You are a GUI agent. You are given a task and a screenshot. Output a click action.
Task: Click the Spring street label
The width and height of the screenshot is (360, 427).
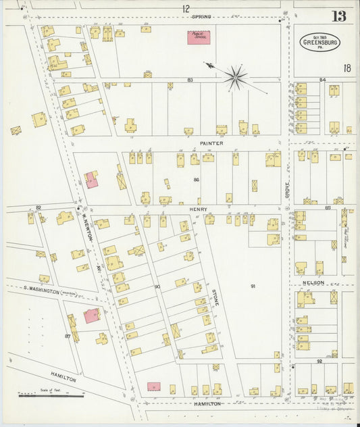pyautogui.click(x=201, y=16)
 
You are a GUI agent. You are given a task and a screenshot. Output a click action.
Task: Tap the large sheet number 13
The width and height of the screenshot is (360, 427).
pyautogui.click(x=338, y=16)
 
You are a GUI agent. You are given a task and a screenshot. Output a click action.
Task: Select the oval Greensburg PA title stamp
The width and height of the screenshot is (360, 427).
pyautogui.click(x=320, y=43)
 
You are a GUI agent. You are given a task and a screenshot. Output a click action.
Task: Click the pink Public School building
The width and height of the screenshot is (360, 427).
pyautogui.click(x=199, y=36)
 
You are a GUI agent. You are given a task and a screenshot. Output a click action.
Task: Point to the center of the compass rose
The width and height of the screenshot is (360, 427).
pyautogui.click(x=236, y=77)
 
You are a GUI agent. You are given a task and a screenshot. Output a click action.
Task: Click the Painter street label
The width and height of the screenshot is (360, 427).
pyautogui.click(x=211, y=143)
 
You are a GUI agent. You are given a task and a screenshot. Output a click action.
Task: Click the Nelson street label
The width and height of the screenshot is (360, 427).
pyautogui.click(x=313, y=282)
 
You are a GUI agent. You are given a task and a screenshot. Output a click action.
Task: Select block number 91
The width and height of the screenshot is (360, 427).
pyautogui.click(x=253, y=286)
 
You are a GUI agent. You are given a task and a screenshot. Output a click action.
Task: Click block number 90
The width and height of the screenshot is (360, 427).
pyautogui.click(x=157, y=286)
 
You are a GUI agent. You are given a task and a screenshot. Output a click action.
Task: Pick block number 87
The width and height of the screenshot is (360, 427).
pyautogui.click(x=68, y=336)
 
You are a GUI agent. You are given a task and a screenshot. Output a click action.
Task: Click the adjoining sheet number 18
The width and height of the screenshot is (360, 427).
pyautogui.click(x=346, y=68)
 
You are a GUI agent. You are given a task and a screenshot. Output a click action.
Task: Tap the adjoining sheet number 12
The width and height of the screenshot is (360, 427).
pyautogui.click(x=185, y=8)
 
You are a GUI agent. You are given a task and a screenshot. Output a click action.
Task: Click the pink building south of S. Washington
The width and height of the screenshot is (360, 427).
pyautogui.click(x=91, y=316)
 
